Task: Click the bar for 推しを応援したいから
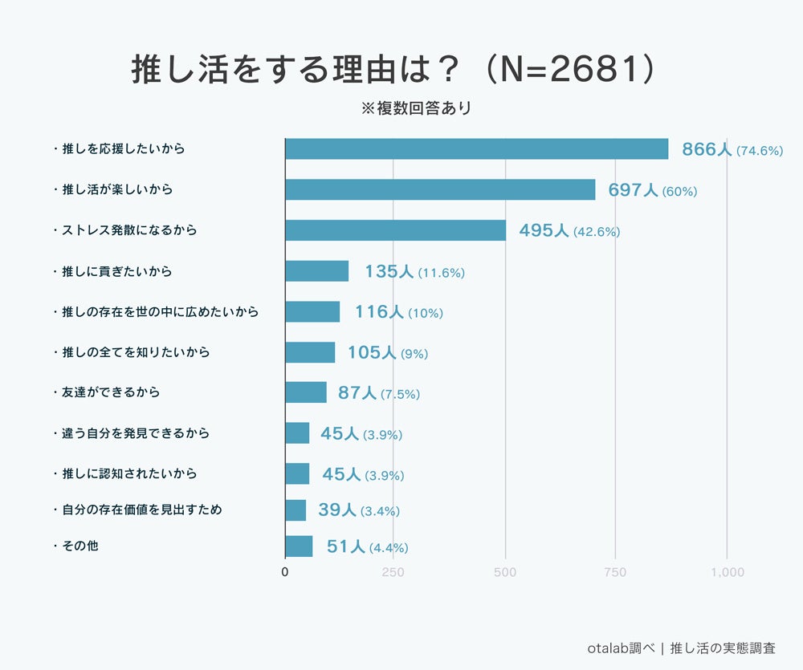click(477, 149)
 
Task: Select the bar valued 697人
click(441, 189)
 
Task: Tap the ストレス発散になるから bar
click(396, 230)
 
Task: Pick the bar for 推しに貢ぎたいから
click(317, 271)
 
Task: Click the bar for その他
click(299, 546)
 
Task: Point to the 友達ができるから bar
click(306, 392)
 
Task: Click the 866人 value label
click(707, 149)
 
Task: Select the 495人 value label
click(544, 230)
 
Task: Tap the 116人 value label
click(379, 312)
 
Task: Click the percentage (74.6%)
click(760, 151)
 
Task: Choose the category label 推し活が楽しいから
click(117, 190)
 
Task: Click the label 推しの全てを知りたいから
click(136, 352)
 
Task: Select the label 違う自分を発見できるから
click(136, 433)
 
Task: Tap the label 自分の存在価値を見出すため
click(141, 510)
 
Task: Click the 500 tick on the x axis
click(505, 572)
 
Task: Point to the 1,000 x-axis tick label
click(727, 572)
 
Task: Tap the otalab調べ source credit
click(620, 648)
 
